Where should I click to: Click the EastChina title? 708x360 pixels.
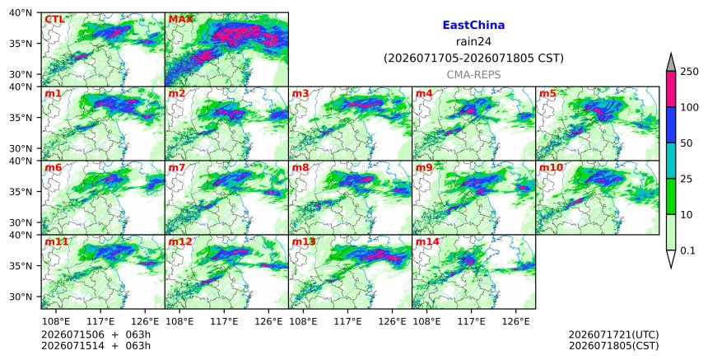click(x=473, y=26)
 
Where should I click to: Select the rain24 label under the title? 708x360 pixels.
click(x=473, y=42)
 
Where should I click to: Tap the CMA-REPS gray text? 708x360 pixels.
click(x=473, y=75)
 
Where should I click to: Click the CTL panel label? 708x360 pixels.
click(x=54, y=20)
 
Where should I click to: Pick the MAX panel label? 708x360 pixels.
click(x=180, y=20)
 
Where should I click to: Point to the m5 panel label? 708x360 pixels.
click(x=547, y=93)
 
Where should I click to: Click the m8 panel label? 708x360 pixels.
click(x=300, y=167)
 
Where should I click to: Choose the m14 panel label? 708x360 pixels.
click(x=427, y=241)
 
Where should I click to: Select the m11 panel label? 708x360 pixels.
click(x=57, y=241)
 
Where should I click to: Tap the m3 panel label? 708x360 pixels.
click(x=300, y=93)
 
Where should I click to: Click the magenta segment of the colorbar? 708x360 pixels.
click(x=671, y=89)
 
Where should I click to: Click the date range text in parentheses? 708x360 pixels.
click(x=473, y=58)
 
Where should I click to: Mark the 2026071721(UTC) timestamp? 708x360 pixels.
click(x=613, y=334)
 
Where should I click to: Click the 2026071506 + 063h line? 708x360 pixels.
click(x=95, y=334)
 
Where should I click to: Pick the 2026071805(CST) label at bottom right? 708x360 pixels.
click(x=613, y=346)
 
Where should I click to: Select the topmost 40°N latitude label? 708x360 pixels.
click(x=21, y=12)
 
